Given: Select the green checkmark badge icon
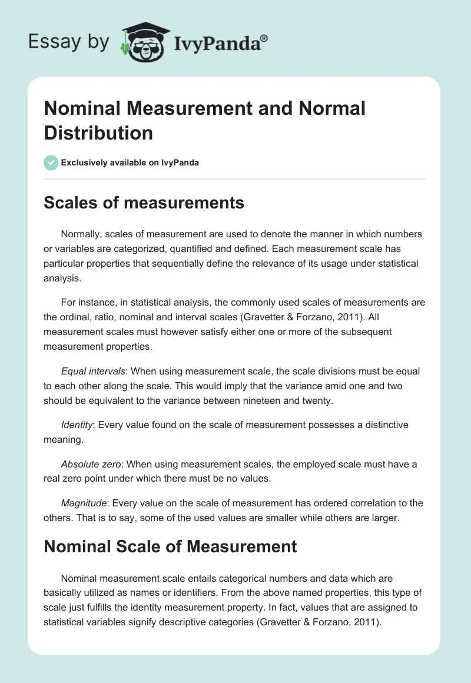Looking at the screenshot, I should pos(51,163).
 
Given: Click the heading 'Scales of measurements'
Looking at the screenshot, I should pos(144,203).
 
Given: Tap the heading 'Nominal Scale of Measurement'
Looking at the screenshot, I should pos(170,546).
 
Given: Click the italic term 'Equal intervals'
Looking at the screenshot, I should pos(92,372).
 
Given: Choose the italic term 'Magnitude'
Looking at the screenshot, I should pos(84,503).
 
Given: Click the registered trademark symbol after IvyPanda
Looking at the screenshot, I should pos(264,38).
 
